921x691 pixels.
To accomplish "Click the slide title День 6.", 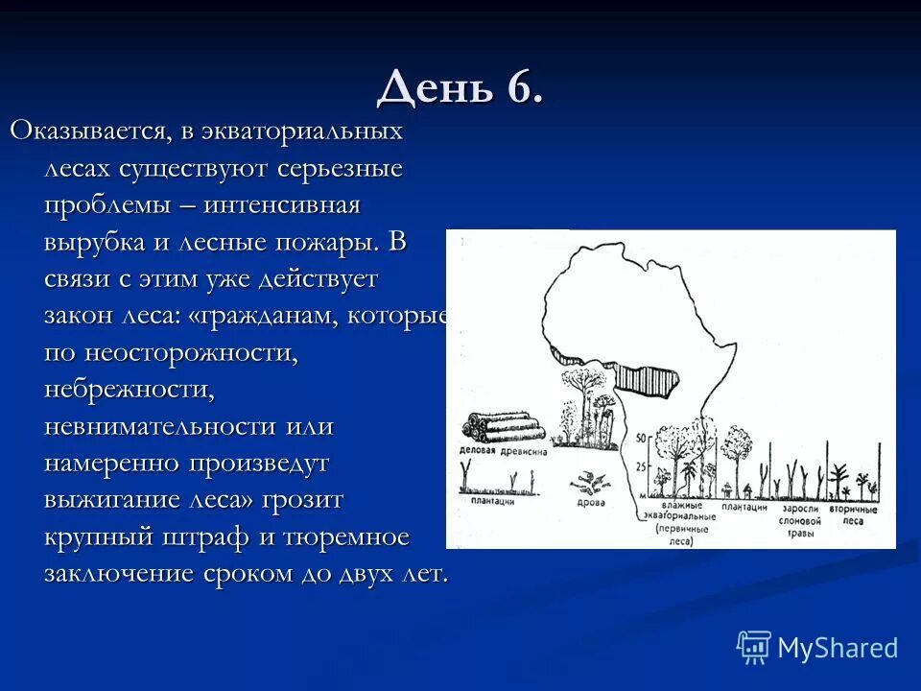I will coord(460,88).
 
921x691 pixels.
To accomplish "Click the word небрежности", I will coord(128,389).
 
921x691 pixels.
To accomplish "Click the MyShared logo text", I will coord(837,648).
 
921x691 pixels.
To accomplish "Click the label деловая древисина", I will coord(504,451).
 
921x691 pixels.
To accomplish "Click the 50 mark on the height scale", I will coord(644,439).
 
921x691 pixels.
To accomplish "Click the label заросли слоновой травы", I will coord(797,519).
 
